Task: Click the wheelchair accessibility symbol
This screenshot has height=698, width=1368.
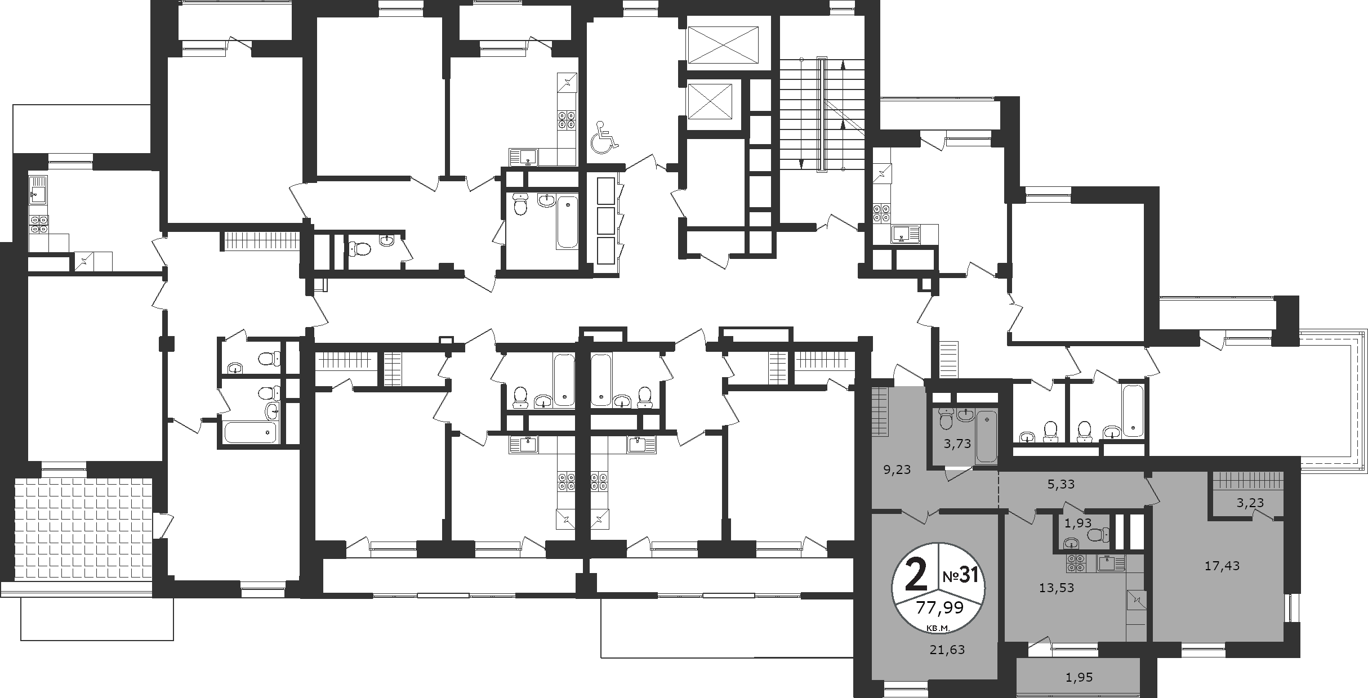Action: (x=604, y=137)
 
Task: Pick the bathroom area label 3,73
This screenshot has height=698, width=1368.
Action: (x=957, y=444)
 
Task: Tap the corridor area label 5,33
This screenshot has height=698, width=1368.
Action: (x=1061, y=484)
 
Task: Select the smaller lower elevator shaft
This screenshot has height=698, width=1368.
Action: (x=709, y=101)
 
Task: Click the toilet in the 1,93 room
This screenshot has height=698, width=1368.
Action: (x=1098, y=534)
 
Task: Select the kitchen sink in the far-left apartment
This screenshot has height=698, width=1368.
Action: (x=38, y=190)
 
